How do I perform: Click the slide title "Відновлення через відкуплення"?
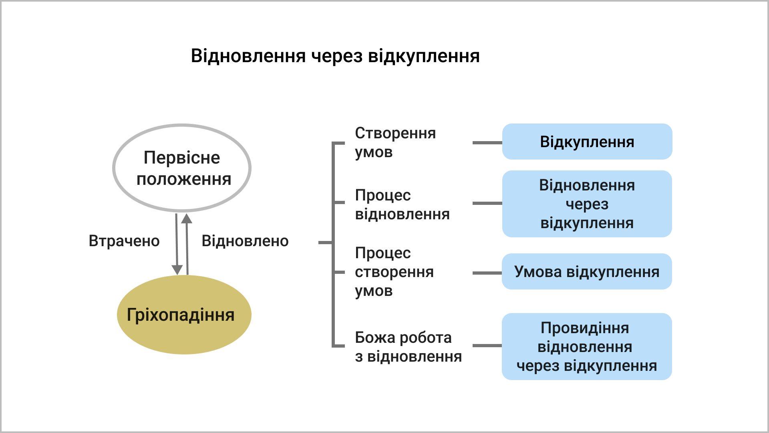[335, 56]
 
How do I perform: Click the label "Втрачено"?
[124, 241]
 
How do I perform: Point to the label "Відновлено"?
[245, 241]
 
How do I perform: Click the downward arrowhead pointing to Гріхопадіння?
[177, 269]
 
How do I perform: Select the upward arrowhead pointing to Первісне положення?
[187, 219]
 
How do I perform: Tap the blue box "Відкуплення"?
[587, 142]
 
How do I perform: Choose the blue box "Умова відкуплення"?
[587, 271]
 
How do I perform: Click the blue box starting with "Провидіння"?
[587, 346]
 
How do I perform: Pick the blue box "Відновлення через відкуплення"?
[587, 204]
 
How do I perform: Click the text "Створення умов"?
[395, 142]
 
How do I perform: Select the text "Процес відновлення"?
[402, 204]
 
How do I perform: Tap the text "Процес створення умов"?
[394, 272]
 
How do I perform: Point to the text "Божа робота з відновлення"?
[408, 347]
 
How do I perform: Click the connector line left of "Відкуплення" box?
[487, 142]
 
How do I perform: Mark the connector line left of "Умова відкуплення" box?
[487, 273]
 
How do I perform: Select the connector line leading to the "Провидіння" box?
[487, 345]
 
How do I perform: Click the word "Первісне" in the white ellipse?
[182, 158]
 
